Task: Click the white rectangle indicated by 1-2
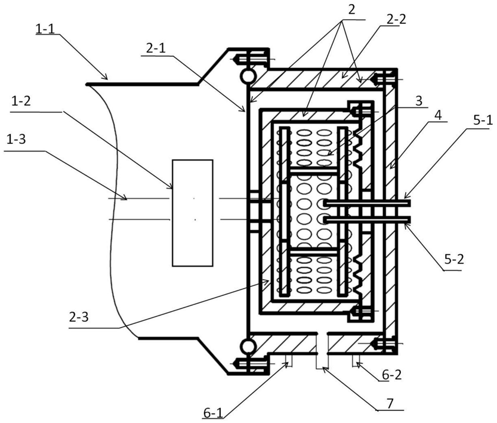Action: (192, 212)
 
